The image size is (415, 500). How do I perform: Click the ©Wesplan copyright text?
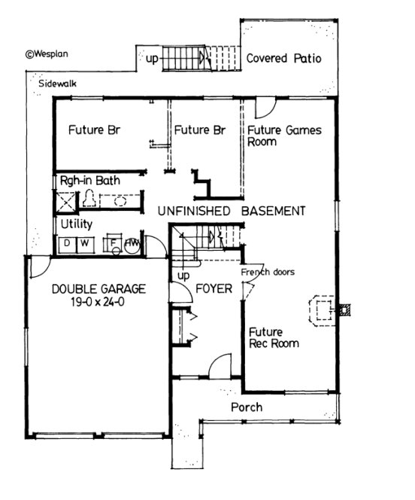[x=47, y=53]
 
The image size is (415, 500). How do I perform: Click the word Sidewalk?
[x=58, y=84]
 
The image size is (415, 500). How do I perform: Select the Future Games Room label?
[x=284, y=136]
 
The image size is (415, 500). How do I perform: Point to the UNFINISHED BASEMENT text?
[x=231, y=212]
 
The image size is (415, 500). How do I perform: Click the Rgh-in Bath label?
[x=90, y=181]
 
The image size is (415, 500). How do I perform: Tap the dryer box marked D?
[x=66, y=243]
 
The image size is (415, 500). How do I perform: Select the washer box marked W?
[x=83, y=243]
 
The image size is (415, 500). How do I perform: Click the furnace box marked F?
[x=114, y=243]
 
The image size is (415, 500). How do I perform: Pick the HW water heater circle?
[x=132, y=243]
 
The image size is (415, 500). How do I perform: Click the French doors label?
[x=268, y=272]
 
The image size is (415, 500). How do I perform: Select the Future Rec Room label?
[x=273, y=337]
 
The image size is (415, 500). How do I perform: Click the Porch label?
[x=247, y=407]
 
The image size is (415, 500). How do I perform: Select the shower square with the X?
[x=65, y=200]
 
